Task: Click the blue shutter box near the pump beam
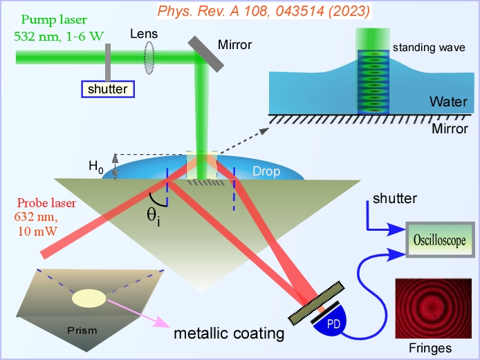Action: tap(107, 89)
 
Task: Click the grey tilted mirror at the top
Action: tap(205, 52)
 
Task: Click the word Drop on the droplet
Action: tap(266, 170)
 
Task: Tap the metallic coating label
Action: tap(229, 334)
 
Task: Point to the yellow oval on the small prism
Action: tap(89, 298)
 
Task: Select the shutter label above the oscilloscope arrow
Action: tap(396, 198)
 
